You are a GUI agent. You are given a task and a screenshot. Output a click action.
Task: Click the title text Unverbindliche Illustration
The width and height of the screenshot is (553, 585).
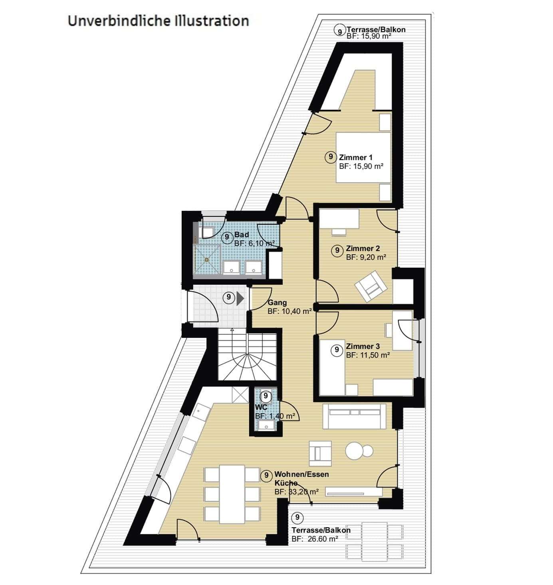[x=158, y=21]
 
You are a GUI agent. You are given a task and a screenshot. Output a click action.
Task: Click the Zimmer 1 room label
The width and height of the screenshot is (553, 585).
[x=355, y=157]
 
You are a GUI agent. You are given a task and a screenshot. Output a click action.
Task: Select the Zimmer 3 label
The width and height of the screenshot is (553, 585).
[x=363, y=346]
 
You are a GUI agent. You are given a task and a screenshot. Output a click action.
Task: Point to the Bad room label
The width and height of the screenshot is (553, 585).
[x=242, y=235]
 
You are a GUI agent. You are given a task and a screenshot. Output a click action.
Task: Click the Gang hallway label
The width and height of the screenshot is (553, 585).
[x=277, y=303]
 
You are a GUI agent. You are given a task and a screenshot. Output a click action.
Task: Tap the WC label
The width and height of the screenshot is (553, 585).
[x=261, y=407]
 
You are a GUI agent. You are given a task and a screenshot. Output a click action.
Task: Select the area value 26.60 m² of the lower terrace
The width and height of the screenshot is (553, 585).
[x=322, y=539]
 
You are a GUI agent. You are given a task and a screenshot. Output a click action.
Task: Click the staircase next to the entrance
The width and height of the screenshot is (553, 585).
[x=247, y=356]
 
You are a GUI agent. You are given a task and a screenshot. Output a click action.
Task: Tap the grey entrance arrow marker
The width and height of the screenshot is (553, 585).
[x=240, y=298]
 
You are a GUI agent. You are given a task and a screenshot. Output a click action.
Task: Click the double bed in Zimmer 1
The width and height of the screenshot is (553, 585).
[x=363, y=158]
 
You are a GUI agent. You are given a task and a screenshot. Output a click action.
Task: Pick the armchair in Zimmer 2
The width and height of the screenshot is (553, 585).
[x=371, y=286]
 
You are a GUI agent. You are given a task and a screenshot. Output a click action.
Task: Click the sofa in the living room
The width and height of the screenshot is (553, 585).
[x=354, y=416]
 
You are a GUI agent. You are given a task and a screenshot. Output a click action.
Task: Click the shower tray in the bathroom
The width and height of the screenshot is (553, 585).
[x=207, y=259]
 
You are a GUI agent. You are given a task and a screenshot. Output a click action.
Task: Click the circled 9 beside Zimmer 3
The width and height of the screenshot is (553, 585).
[x=337, y=350]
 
